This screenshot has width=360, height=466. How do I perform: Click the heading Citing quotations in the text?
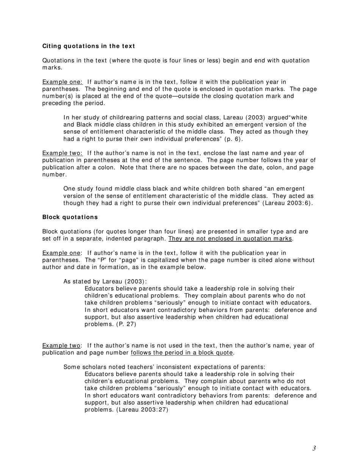88,46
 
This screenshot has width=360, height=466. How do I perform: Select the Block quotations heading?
70,217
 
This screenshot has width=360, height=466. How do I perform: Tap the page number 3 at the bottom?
314,449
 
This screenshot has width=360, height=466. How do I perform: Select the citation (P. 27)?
126,324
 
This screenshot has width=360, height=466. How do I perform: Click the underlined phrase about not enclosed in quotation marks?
230,239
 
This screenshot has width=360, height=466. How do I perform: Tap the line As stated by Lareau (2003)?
105,281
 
